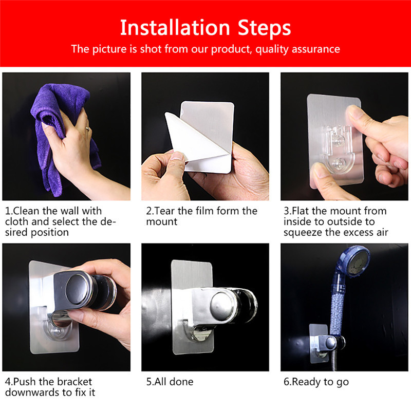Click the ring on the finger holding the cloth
pos(88,129)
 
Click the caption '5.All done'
pos(170,382)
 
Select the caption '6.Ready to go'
pos(316,382)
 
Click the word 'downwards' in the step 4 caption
pos(30,393)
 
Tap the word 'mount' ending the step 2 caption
pos(161,221)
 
